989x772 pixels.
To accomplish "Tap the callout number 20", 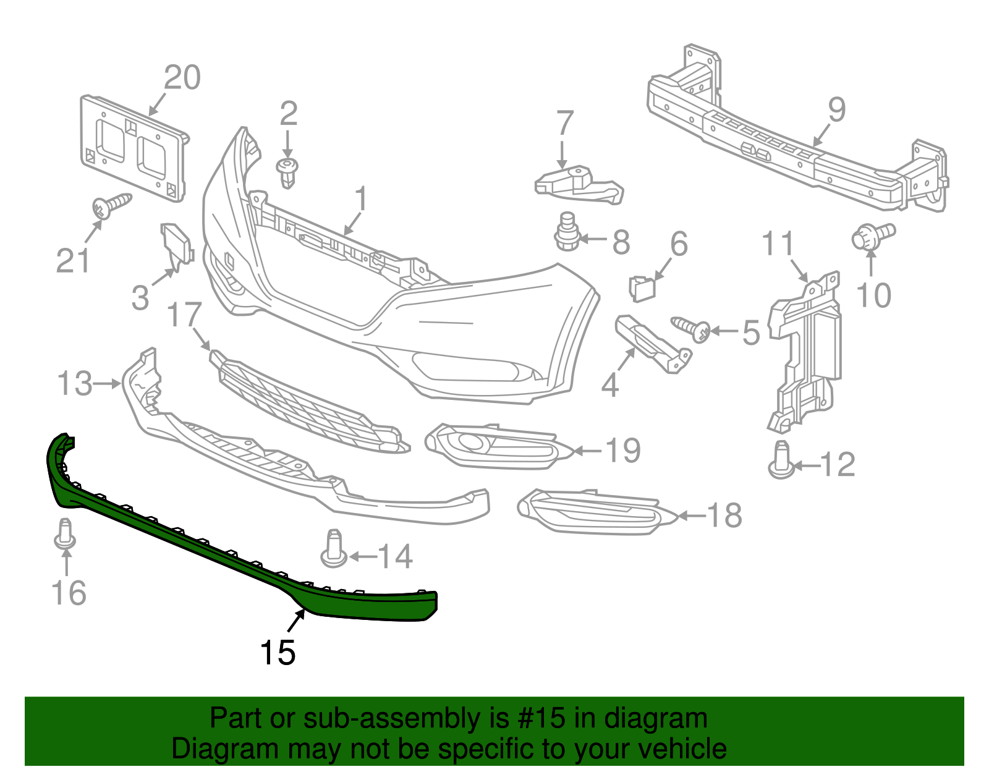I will tap(182, 78).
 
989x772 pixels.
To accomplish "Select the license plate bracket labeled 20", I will tap(133, 148).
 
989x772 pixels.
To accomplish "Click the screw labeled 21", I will tap(111, 205).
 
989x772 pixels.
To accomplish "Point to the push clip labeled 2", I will tap(287, 172).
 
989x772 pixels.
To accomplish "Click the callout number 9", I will tap(836, 110).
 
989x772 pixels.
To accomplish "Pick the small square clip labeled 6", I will tap(642, 288).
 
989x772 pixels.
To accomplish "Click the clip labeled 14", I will tap(334, 549).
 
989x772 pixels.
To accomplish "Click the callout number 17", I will tap(184, 315).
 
